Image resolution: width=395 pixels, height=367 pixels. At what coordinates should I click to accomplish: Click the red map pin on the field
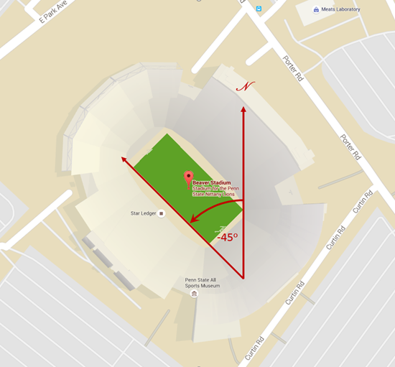click(x=188, y=178)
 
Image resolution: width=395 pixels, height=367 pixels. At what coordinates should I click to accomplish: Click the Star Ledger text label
click(x=143, y=213)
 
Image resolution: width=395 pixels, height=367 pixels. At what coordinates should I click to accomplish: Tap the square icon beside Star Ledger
click(x=162, y=213)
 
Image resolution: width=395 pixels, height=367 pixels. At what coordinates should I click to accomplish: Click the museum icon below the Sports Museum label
click(x=193, y=294)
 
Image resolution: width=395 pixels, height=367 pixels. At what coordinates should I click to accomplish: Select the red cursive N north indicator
click(x=246, y=86)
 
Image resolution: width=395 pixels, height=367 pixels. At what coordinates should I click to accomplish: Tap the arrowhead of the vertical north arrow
click(x=243, y=110)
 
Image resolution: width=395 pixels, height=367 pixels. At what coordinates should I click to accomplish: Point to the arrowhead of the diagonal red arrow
click(x=124, y=160)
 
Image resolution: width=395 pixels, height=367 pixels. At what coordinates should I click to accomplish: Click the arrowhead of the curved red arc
click(x=193, y=220)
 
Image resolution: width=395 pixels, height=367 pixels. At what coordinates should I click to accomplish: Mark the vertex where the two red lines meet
click(x=243, y=277)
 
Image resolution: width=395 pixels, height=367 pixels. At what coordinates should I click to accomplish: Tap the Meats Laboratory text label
click(x=342, y=9)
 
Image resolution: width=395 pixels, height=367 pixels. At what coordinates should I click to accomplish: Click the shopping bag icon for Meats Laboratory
click(x=316, y=9)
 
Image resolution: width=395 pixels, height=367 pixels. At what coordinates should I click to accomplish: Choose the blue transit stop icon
click(x=259, y=9)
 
